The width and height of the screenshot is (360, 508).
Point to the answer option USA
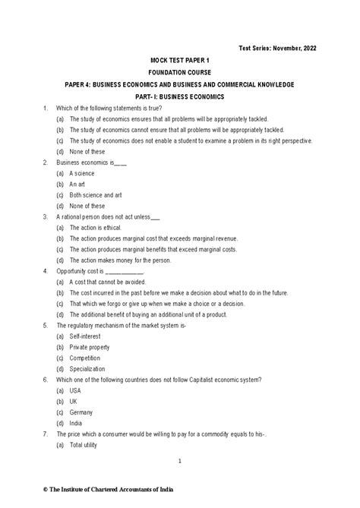point(75,390)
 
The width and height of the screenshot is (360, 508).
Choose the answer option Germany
point(82,412)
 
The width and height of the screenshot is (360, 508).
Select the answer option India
point(76,423)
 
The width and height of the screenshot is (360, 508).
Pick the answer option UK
point(74,401)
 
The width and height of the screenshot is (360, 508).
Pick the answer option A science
point(82,173)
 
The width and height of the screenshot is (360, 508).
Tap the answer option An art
point(77,184)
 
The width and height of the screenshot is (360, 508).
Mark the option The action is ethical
point(95,227)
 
